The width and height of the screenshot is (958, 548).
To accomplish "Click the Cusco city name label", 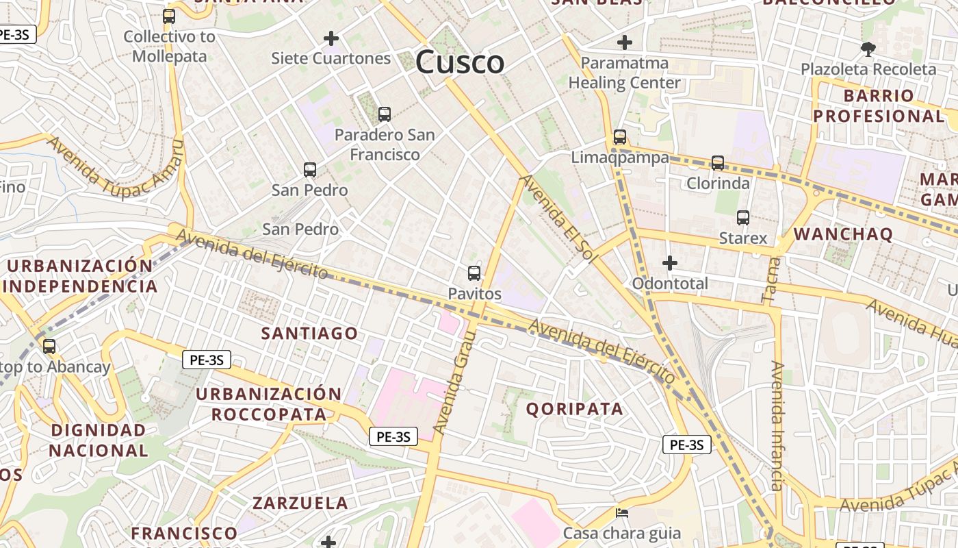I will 460,62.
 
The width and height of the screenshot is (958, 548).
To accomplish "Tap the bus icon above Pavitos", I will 474,273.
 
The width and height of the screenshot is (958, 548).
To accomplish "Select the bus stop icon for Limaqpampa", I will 620,137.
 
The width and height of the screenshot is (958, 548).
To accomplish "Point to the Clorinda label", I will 718,184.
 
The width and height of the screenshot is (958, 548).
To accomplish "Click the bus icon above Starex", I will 743,218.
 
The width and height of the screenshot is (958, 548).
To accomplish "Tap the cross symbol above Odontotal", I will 670,263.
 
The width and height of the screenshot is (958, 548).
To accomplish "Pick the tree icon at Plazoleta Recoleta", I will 868,49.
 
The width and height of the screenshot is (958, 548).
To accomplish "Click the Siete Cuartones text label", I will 331,58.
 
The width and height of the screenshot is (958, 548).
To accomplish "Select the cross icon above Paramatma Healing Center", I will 624,42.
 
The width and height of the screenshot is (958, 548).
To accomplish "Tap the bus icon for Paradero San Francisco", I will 385,114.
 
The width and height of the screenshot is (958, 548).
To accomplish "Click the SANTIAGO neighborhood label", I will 310,334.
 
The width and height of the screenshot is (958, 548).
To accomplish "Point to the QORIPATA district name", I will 575,409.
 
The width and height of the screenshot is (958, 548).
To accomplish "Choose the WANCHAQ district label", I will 843,234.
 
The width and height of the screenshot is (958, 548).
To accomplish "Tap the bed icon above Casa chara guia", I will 622,512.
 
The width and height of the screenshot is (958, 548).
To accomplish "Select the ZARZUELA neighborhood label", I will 300,503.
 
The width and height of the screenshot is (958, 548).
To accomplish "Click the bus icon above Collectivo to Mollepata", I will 169,16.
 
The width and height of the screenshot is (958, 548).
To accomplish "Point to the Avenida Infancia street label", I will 777,426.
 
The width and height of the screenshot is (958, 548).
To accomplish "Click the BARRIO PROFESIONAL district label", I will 879,105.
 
